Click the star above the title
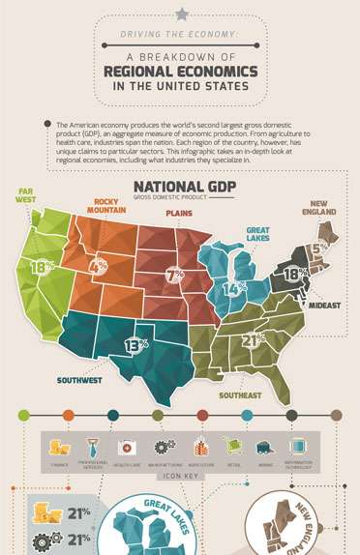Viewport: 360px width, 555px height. click(x=181, y=13)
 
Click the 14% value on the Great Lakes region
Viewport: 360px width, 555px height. click(x=230, y=288)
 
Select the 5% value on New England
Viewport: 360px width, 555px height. click(x=319, y=246)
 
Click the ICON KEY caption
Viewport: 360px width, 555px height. click(x=180, y=477)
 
